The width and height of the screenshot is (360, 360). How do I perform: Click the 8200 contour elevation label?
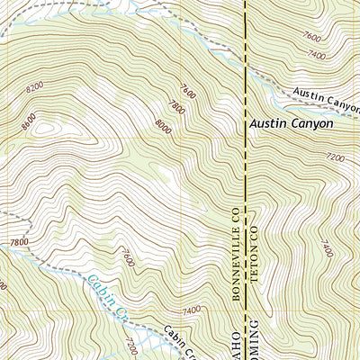point(35,88)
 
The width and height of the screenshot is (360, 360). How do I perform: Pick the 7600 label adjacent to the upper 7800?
point(187,91)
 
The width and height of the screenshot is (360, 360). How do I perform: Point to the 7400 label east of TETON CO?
point(325,246)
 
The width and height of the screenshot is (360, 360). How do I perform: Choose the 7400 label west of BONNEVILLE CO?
point(192,310)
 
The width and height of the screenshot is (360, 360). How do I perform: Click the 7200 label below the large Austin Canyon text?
point(334,157)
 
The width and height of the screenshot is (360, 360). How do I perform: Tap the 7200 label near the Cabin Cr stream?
point(131,345)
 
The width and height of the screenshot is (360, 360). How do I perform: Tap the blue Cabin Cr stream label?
point(106,296)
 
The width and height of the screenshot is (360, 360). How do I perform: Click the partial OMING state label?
point(254,340)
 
